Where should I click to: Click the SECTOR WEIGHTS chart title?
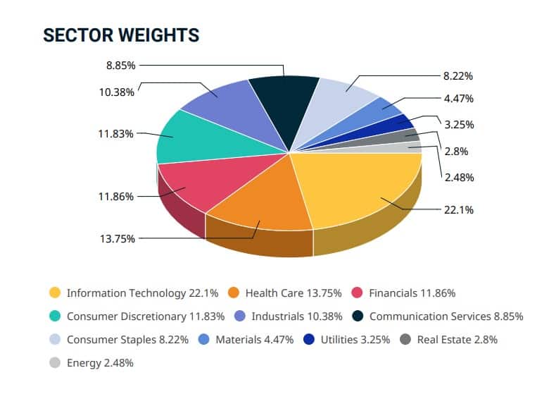(x=121, y=35)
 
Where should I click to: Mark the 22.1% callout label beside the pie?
(x=458, y=209)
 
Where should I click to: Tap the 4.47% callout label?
(x=458, y=98)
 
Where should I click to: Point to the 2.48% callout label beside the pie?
(x=458, y=177)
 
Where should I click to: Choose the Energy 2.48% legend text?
(x=100, y=363)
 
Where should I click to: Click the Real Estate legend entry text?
(x=457, y=339)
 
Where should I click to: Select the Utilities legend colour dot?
(x=308, y=339)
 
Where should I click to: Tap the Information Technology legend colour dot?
(x=54, y=293)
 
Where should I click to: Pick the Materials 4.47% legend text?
(x=253, y=339)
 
